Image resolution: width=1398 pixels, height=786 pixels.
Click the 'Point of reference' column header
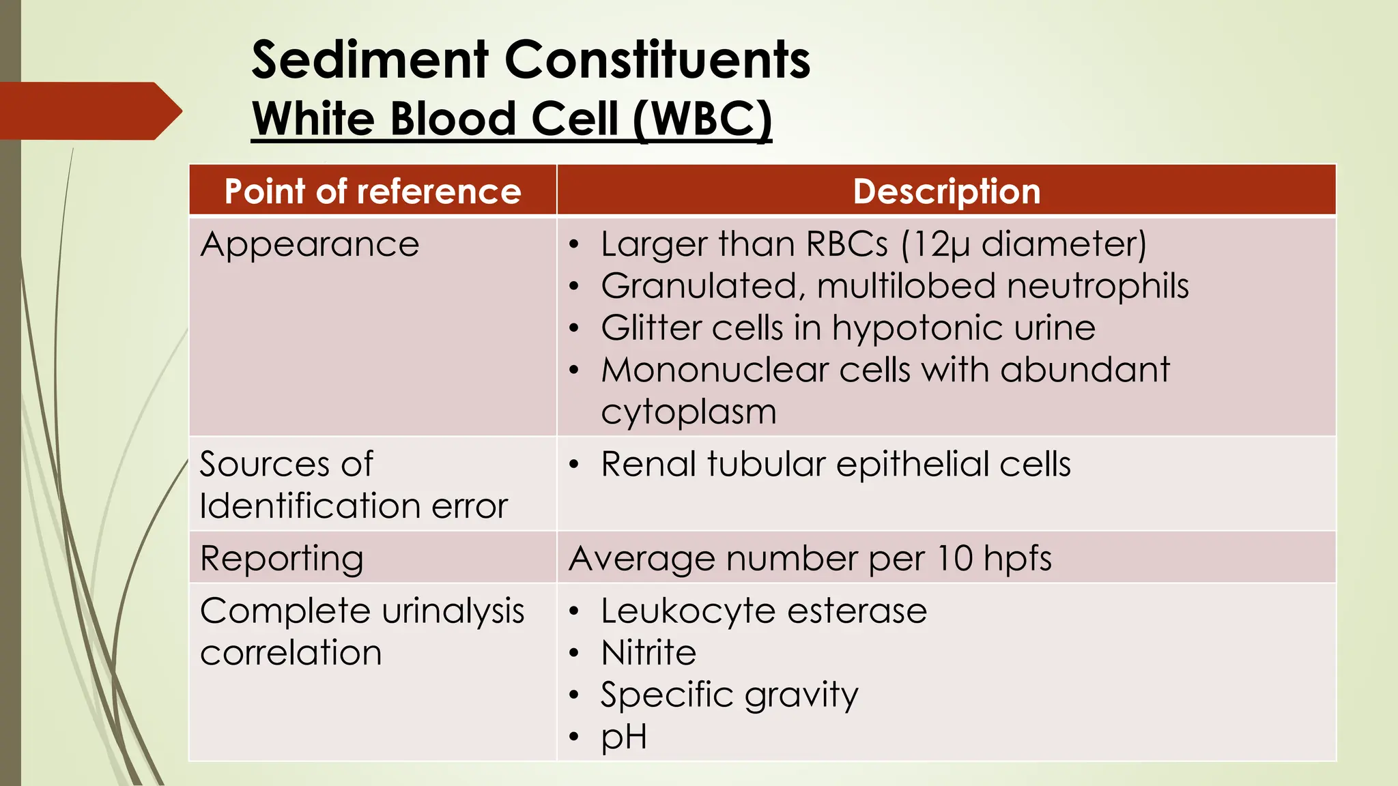click(x=373, y=191)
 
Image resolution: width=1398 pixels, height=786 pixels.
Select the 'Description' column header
click(x=946, y=191)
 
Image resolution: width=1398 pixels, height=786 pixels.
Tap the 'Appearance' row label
click(x=310, y=244)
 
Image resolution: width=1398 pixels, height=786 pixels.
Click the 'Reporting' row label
click(x=282, y=558)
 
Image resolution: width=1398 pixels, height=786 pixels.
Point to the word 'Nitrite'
click(x=648, y=652)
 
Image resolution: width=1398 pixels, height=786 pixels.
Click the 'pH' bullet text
click(x=624, y=737)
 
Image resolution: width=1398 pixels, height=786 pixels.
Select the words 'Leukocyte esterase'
click(x=764, y=611)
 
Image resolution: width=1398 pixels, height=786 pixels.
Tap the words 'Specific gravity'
click(x=730, y=695)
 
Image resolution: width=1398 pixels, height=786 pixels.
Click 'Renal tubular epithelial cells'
click(x=836, y=464)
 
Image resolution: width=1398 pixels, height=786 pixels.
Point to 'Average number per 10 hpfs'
click(x=810, y=558)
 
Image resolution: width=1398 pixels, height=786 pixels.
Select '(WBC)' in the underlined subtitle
click(x=702, y=119)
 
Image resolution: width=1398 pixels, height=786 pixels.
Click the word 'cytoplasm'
click(x=689, y=412)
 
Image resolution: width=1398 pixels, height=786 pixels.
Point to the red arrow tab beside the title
click(x=89, y=111)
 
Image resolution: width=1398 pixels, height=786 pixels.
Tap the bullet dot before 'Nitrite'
click(x=575, y=653)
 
